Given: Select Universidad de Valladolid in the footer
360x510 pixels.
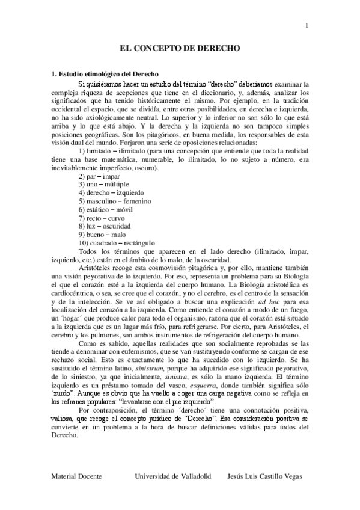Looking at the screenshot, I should click(x=173, y=476).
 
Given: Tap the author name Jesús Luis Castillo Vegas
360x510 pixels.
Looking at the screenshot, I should click(x=260, y=476).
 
